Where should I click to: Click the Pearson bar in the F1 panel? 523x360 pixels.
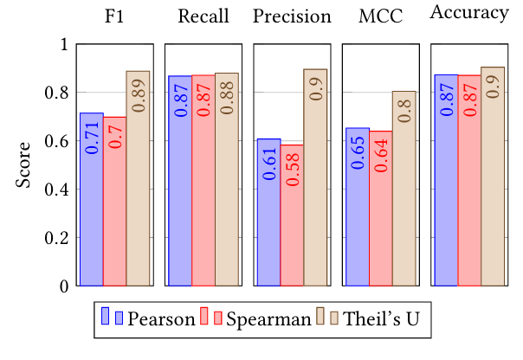point(92,199)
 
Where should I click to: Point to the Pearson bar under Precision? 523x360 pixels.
point(268,212)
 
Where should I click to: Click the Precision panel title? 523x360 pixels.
point(292,16)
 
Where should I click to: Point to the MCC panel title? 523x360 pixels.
point(381,16)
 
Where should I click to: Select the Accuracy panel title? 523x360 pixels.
point(469,15)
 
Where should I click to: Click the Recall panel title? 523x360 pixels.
point(203,16)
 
